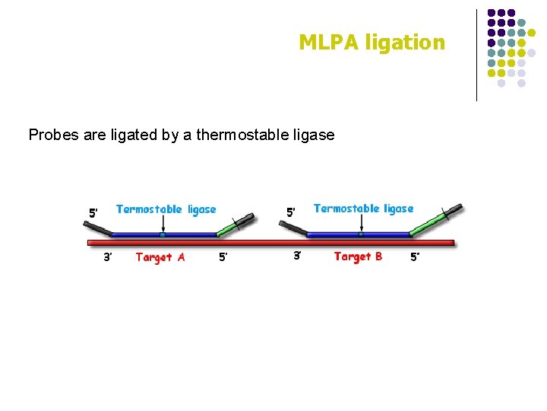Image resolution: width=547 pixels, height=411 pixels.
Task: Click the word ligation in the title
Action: click(x=405, y=43)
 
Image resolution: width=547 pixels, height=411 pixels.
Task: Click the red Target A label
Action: click(x=160, y=257)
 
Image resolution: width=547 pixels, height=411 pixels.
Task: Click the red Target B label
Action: click(x=358, y=256)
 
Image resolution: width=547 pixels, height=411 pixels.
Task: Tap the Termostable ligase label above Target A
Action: click(x=166, y=209)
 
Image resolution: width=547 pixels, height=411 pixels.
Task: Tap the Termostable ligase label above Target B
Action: click(x=363, y=209)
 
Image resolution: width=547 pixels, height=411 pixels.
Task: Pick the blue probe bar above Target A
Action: click(x=163, y=234)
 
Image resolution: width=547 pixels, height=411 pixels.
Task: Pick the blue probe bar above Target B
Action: click(x=361, y=234)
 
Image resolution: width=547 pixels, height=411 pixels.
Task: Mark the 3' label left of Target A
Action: click(x=108, y=257)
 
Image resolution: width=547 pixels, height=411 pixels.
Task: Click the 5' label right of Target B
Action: click(x=415, y=257)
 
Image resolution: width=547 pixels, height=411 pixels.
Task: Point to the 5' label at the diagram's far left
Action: click(x=93, y=214)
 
